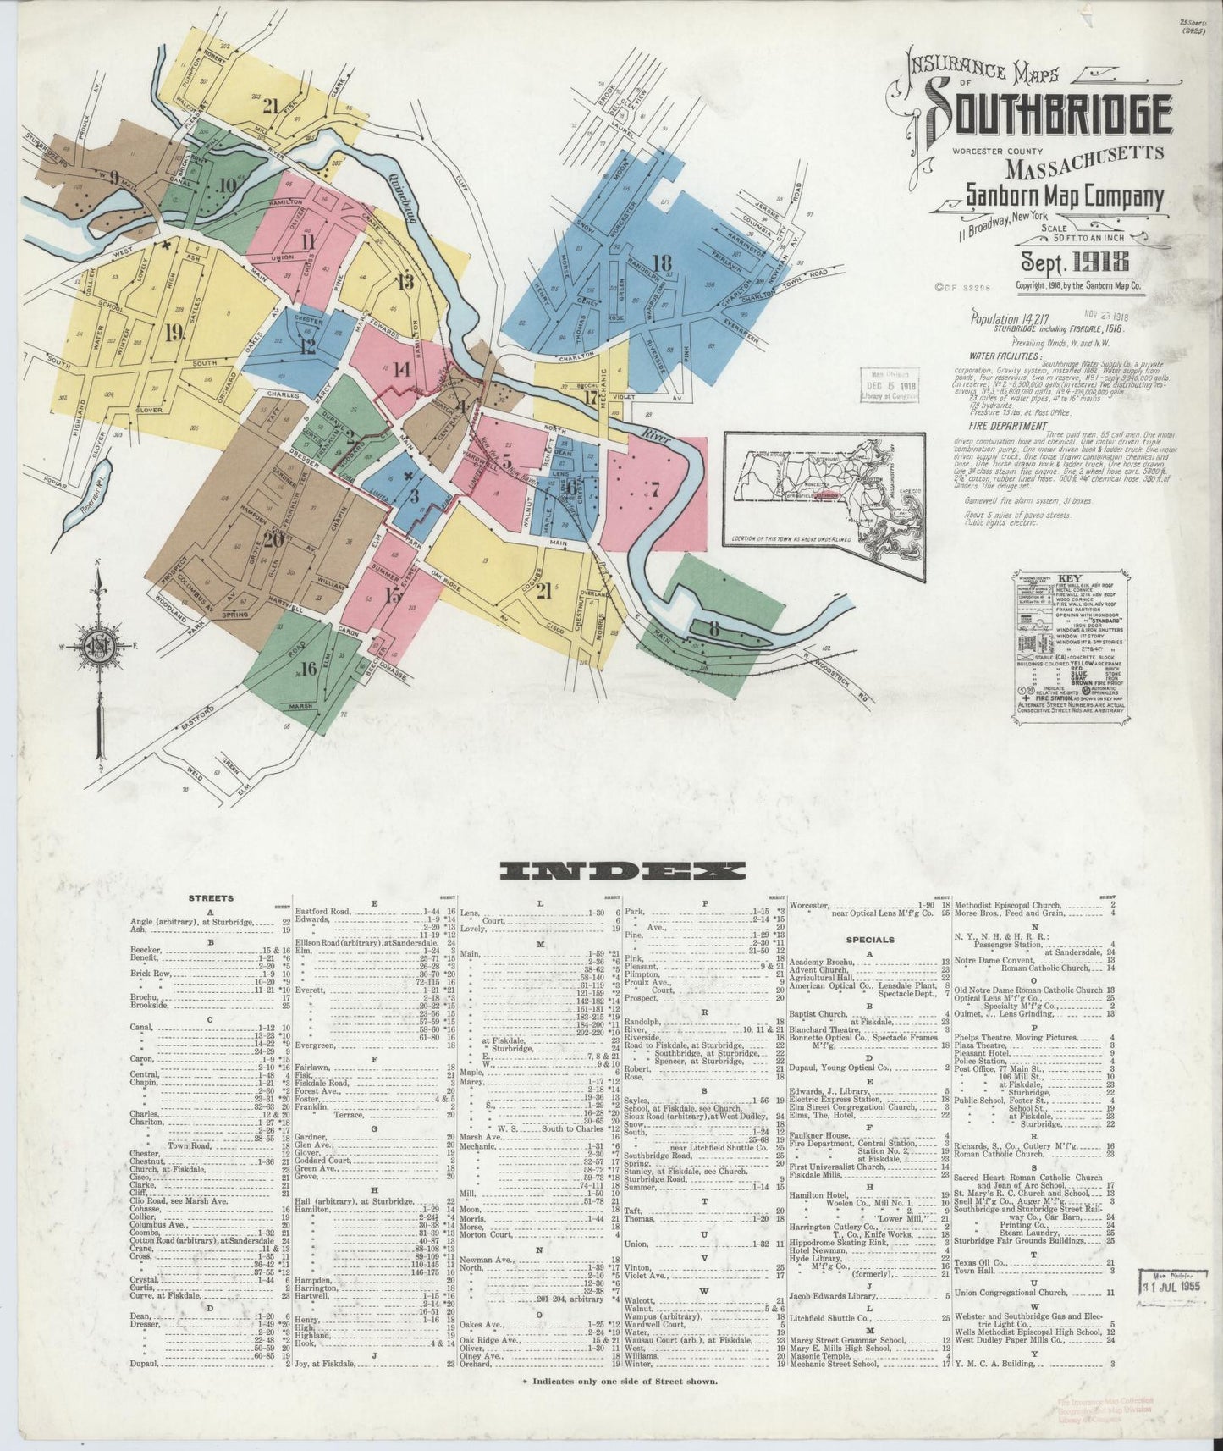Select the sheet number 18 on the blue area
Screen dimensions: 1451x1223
(x=661, y=262)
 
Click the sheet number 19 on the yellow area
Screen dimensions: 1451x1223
(x=174, y=333)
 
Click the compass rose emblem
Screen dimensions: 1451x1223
(x=98, y=648)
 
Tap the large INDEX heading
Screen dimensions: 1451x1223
(x=622, y=870)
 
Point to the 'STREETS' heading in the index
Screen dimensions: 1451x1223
(x=212, y=898)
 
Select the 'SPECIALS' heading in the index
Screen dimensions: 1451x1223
(x=870, y=940)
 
